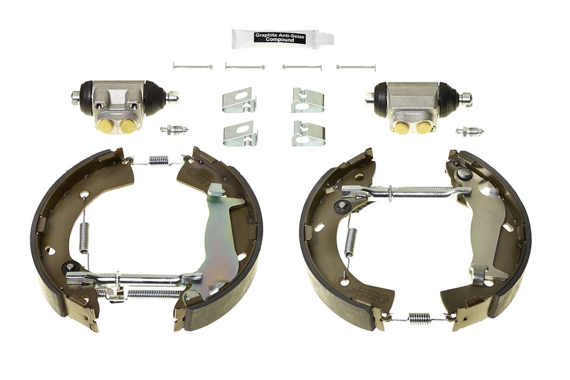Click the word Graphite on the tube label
coord(266,35)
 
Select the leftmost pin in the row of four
coord(192,66)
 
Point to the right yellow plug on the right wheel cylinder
coord(424,127)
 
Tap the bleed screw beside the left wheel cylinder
coord(174,129)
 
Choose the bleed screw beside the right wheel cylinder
coord(470,131)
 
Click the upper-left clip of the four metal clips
coord(239,100)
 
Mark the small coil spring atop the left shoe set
coord(159,160)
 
